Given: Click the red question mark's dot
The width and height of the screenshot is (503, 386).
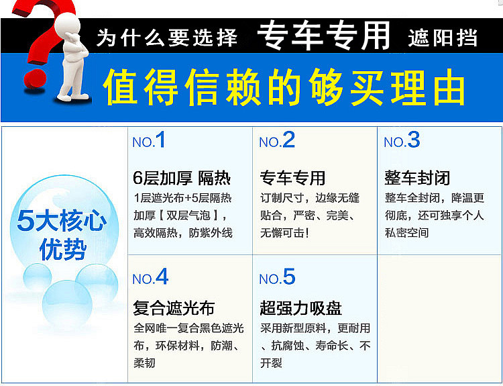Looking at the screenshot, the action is tap(35, 78).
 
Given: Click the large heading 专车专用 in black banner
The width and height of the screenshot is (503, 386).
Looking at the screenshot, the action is tap(323, 36).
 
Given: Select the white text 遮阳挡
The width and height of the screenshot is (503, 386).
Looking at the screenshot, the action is tap(443, 38).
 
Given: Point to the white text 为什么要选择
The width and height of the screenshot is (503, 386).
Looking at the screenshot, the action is tap(166, 38).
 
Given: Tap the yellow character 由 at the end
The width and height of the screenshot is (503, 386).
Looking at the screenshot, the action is tap(449, 87).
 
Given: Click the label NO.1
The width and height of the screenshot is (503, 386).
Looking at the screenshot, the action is tap(149, 140).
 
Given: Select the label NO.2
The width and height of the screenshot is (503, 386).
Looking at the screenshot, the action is tap(277, 140).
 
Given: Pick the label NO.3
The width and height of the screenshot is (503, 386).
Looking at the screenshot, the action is tap(402, 140).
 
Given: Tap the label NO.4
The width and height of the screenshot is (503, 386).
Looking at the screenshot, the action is tap(150, 277).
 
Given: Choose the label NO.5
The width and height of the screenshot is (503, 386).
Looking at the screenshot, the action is tap(277, 277).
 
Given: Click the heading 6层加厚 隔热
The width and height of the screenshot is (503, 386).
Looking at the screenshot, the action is tap(182, 178).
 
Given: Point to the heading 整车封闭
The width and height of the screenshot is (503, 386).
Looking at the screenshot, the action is tap(417, 178).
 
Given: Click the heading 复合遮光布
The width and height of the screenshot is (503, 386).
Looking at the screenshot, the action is tap(174, 308).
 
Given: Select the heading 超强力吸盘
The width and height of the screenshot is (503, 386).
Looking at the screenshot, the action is tap(300, 308).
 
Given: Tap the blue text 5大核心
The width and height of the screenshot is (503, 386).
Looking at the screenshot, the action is tap(62, 221).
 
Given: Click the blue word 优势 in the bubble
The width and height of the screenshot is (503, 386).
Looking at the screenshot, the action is tap(63, 249).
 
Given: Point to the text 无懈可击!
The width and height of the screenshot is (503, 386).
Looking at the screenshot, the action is tap(284, 232).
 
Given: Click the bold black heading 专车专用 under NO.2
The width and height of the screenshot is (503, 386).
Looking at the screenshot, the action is tap(292, 178).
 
